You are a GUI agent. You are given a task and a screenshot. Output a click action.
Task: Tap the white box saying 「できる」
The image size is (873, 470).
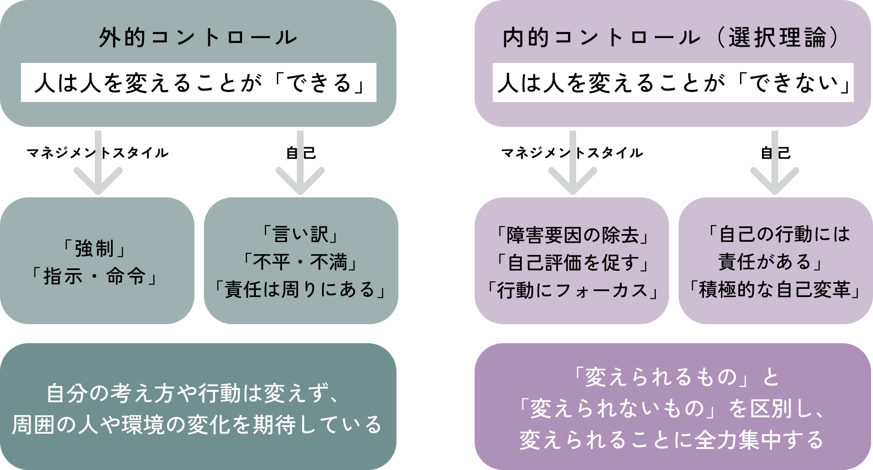coord(198,83)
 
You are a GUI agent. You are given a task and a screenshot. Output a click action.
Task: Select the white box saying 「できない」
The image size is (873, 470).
coord(673,83)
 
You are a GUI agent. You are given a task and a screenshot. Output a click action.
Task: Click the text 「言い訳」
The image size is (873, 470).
coord(301,234)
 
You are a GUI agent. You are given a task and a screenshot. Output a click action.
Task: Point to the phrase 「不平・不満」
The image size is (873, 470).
coord(301,262)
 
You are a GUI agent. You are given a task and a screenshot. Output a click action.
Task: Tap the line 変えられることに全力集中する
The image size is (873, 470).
coord(672,439)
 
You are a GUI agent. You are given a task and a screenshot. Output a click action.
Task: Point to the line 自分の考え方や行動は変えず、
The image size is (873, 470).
coord(193,394)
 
